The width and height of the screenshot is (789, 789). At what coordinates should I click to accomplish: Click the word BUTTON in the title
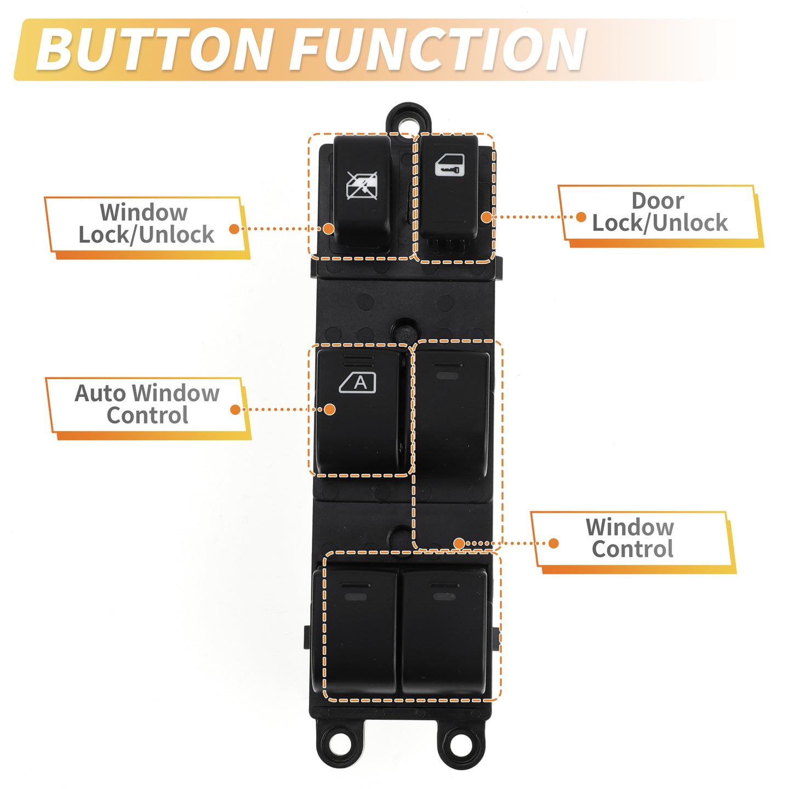click(154, 50)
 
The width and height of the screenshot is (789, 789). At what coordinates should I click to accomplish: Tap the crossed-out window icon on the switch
click(362, 186)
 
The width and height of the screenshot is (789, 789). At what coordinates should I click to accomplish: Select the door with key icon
click(449, 165)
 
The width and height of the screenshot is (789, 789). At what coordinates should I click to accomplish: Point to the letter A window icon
click(357, 383)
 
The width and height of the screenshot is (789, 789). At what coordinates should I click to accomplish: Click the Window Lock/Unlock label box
click(147, 227)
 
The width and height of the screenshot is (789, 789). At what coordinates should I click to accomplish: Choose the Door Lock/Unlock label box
click(660, 216)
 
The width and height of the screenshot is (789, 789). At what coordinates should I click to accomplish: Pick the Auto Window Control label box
click(148, 408)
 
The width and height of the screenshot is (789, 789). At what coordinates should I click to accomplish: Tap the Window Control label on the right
click(633, 542)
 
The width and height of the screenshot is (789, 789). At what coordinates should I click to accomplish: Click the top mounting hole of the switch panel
click(408, 122)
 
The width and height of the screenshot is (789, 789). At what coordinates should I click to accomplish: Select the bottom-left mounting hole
click(339, 742)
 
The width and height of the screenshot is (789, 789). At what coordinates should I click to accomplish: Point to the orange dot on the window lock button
click(328, 228)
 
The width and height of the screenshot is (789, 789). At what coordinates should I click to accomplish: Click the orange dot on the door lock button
click(487, 217)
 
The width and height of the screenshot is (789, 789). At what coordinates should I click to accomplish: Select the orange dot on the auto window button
click(330, 409)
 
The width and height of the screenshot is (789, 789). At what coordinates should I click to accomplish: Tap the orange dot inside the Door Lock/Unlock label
click(581, 217)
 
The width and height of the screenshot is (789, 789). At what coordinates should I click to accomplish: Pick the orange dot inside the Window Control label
click(553, 544)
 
